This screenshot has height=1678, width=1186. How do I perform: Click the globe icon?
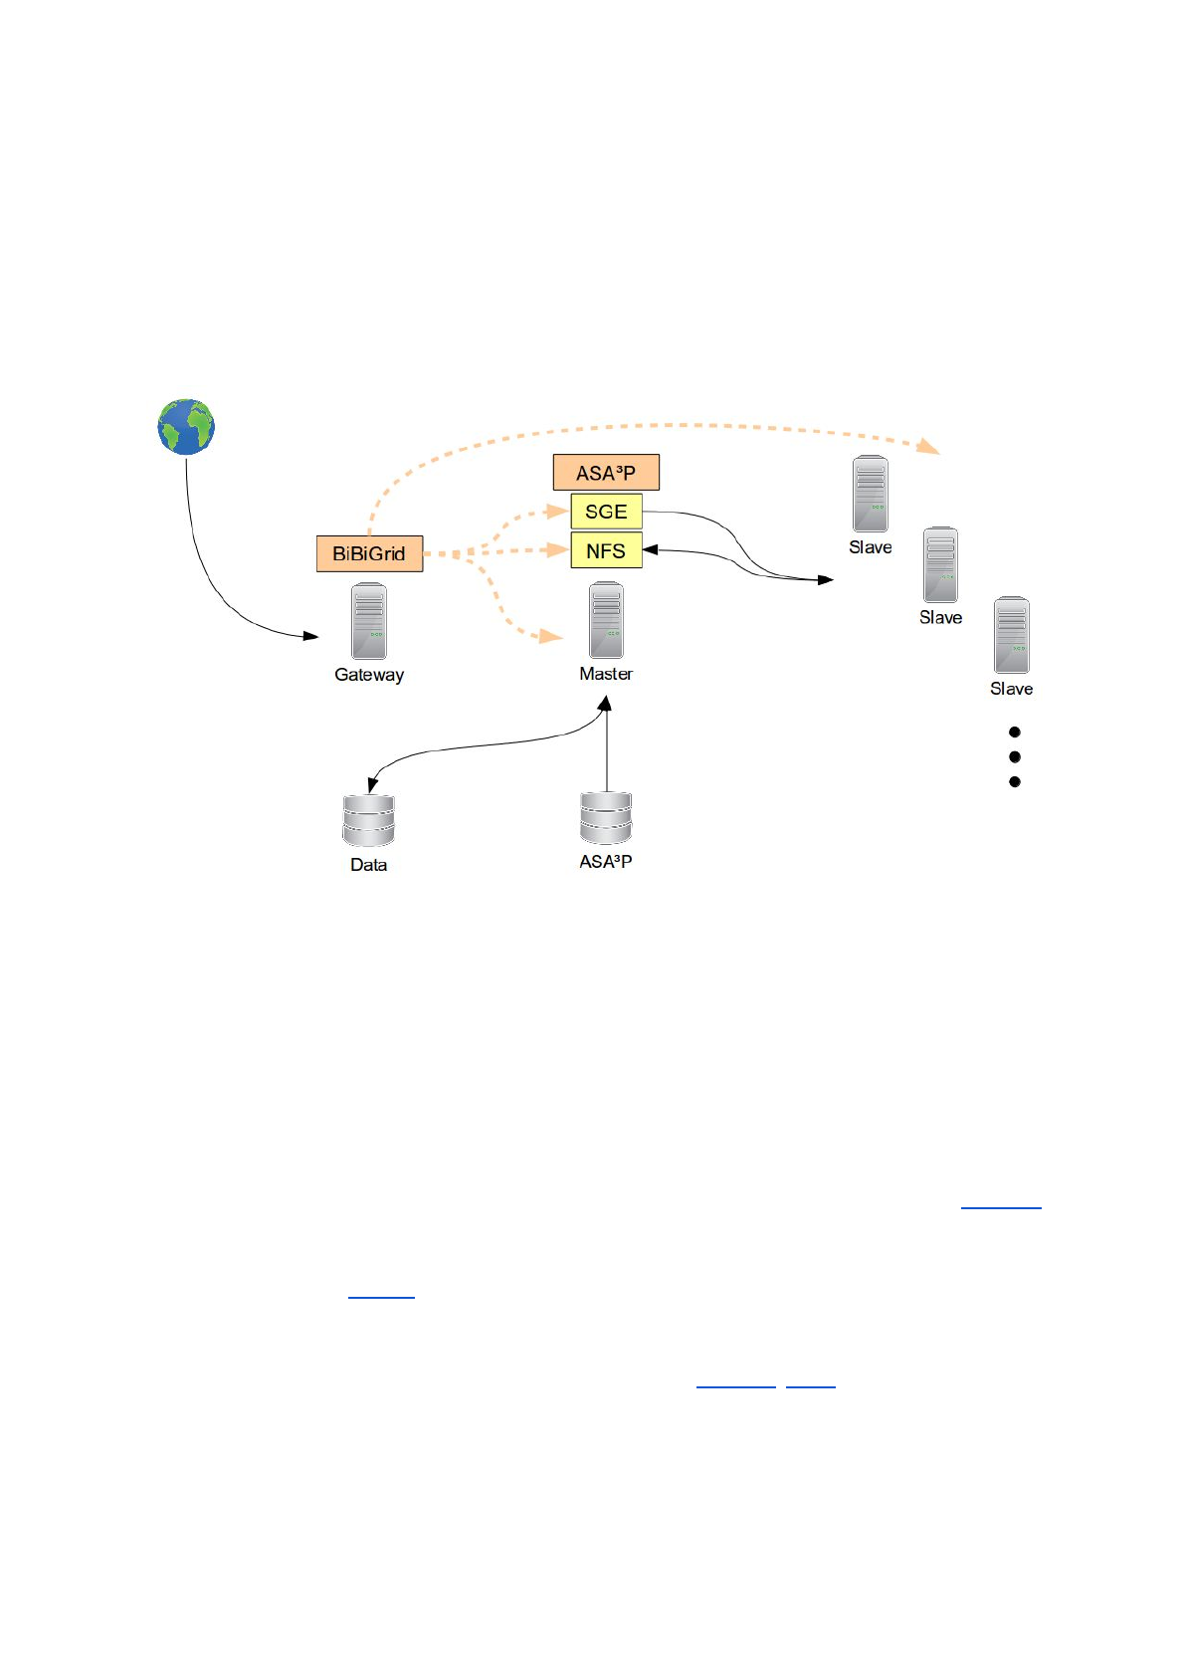(x=186, y=427)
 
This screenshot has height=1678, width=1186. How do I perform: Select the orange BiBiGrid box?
(x=369, y=553)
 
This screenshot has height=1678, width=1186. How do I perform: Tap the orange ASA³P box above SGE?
(x=606, y=473)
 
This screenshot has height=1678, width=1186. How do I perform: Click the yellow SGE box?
(x=606, y=512)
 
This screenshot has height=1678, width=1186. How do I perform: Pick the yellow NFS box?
(x=606, y=550)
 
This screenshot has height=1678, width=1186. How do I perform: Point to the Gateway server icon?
(x=369, y=621)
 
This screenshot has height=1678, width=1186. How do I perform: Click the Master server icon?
(x=606, y=620)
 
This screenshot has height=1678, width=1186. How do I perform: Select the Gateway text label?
(x=369, y=675)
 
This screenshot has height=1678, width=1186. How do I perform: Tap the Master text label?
(x=606, y=674)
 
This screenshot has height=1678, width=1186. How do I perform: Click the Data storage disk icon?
(x=368, y=821)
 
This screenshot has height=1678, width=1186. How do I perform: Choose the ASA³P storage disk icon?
(x=606, y=818)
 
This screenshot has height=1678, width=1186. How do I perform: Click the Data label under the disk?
(x=368, y=865)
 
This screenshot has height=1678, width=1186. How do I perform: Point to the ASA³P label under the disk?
(x=606, y=862)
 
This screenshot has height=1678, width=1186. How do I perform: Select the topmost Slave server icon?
(x=871, y=495)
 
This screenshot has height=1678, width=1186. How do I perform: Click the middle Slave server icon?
(x=940, y=565)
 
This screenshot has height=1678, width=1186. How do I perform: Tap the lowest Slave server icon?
(x=1012, y=636)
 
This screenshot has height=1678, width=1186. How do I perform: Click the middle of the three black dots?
(x=1015, y=756)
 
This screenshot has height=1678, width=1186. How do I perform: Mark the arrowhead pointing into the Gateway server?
(x=311, y=636)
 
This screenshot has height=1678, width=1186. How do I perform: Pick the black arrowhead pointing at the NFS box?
(x=651, y=549)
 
